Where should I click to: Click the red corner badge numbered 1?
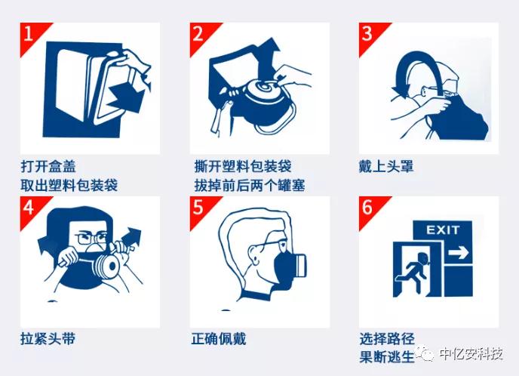point(31,35)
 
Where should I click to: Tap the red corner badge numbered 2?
point(201,35)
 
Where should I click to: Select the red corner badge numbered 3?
point(370,35)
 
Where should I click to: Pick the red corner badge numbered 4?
point(31,208)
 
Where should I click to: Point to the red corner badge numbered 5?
point(201,208)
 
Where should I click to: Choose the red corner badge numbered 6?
point(370,208)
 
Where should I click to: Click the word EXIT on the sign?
point(443,230)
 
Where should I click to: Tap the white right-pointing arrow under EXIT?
point(458,254)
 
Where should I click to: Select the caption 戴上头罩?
point(386,166)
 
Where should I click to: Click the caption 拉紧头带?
point(48,339)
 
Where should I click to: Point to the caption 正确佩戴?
point(219,339)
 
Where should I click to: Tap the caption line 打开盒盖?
point(48,166)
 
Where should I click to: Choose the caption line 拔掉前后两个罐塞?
point(250,185)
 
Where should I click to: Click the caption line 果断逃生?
point(387,357)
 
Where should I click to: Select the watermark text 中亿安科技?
point(471,354)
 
